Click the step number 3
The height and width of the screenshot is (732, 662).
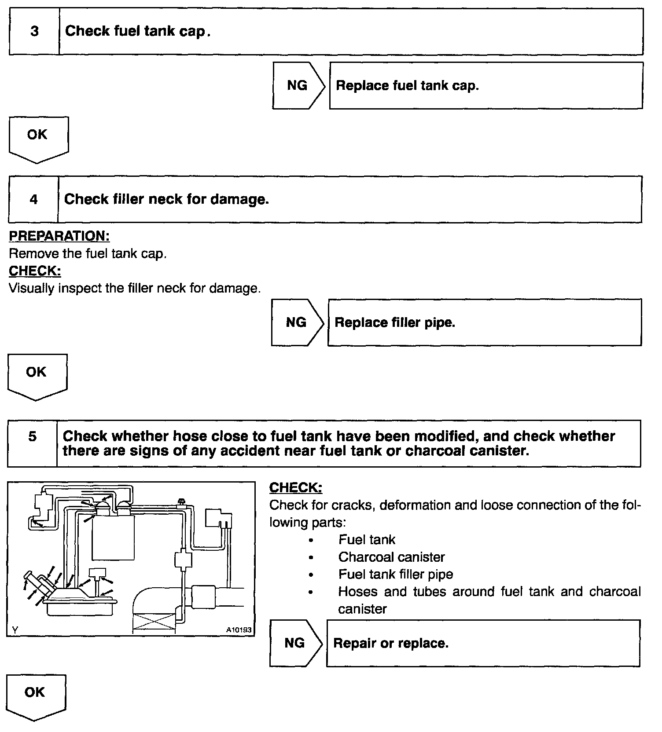[34, 31]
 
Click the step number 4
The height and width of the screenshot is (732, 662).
[34, 200]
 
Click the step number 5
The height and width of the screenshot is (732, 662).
[33, 436]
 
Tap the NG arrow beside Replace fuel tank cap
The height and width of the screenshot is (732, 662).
[298, 85]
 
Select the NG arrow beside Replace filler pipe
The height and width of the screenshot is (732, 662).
[296, 322]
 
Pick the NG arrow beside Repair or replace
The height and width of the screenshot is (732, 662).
[295, 643]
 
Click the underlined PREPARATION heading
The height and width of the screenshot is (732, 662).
[59, 236]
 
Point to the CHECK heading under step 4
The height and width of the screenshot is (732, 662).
[35, 271]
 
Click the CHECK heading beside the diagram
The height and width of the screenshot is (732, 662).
[295, 487]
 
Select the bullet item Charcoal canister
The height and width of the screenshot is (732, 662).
[391, 557]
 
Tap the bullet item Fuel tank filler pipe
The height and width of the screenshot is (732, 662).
[395, 574]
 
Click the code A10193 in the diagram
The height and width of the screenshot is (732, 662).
[239, 630]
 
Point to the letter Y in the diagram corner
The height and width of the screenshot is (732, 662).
[15, 630]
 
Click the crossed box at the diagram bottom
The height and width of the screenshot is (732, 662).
[154, 623]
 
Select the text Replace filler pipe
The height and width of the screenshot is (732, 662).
[395, 322]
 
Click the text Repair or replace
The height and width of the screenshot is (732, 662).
[391, 643]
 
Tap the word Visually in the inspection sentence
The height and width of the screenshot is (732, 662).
[31, 289]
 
